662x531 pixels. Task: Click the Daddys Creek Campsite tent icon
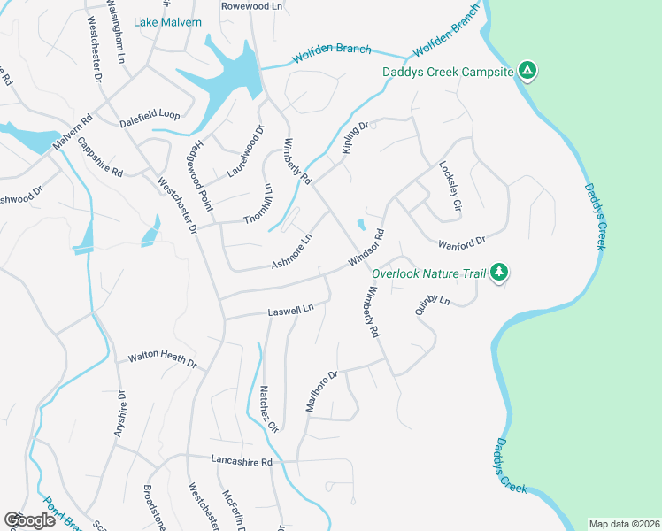(x=527, y=70)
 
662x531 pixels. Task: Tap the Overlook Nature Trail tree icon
(x=499, y=273)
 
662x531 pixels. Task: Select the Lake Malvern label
(x=167, y=22)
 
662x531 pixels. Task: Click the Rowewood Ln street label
(x=251, y=5)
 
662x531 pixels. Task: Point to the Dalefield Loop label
(x=150, y=115)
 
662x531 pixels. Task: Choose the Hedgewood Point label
(x=203, y=174)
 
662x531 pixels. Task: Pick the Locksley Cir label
(x=451, y=186)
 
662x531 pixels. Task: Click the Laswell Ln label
(x=291, y=312)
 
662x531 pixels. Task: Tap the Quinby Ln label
(x=432, y=306)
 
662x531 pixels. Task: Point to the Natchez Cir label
(x=269, y=408)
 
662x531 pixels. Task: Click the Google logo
(x=30, y=520)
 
